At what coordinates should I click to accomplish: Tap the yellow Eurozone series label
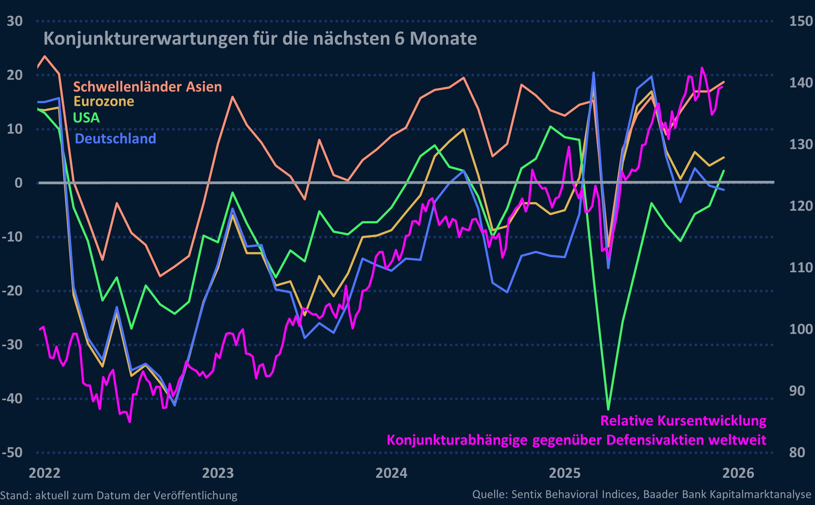[x=104, y=101]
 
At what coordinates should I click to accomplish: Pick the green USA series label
[x=86, y=117]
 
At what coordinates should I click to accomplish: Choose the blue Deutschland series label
[x=115, y=138]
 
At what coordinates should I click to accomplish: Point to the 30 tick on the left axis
[x=15, y=21]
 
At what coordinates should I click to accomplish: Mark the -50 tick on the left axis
[x=12, y=453]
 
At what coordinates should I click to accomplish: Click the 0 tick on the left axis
[x=18, y=183]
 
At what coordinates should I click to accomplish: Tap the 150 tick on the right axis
[x=801, y=21]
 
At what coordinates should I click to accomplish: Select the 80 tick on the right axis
[x=797, y=453]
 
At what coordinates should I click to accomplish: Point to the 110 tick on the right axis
[x=801, y=268]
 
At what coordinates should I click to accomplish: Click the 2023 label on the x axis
[x=218, y=473]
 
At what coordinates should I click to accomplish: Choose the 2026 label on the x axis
[x=738, y=473]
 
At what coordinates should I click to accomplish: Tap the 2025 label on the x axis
[x=565, y=473]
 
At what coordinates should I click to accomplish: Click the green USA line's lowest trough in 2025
[x=608, y=409]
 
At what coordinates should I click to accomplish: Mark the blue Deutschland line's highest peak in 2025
[x=594, y=72]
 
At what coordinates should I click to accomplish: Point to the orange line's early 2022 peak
[x=45, y=56]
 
